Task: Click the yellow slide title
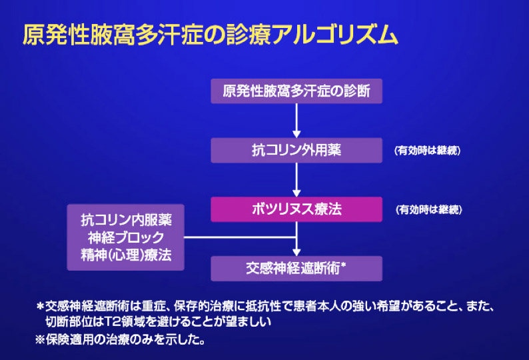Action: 210,35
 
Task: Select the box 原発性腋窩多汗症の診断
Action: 296,91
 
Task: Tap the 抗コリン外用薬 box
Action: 296,150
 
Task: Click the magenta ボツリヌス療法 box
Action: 296,209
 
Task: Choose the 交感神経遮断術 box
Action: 296,269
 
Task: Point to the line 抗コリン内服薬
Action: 126,220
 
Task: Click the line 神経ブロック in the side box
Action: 126,238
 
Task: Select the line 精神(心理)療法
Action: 126,255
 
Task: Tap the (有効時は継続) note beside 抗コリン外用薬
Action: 427,150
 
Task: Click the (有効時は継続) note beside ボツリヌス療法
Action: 428,210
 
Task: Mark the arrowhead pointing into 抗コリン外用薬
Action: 296,134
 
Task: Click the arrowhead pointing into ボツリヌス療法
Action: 296,193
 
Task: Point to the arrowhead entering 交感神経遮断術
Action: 296,253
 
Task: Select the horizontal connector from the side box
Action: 240,237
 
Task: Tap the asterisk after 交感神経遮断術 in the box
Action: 343,265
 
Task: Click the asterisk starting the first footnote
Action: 40,307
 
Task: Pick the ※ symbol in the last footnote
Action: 40,339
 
